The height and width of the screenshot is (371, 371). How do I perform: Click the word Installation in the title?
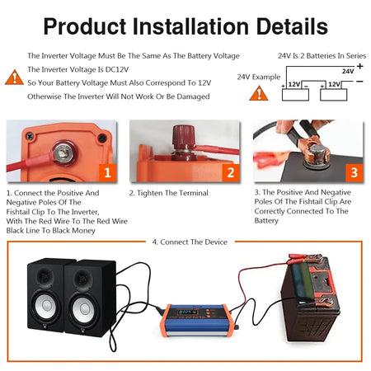coord(190,26)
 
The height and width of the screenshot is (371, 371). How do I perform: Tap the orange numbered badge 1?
coord(107,172)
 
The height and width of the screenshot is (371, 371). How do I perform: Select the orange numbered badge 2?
coord(231,172)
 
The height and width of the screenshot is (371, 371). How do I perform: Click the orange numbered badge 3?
coord(354,172)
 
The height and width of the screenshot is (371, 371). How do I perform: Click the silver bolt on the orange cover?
coord(63,152)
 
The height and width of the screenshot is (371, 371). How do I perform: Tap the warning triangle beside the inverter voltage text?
coord(14,77)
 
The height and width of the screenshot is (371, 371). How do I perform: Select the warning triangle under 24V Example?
coord(259,93)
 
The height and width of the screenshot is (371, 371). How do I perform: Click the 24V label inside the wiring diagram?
coord(348,71)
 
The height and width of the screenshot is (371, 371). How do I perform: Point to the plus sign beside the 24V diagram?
coord(359,66)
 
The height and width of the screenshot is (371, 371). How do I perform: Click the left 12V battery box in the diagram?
coord(295,95)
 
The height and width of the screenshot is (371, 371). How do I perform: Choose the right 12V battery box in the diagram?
coord(334,95)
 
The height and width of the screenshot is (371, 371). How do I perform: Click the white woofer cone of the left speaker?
coord(46,305)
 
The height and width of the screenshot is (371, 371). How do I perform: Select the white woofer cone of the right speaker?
coord(83,309)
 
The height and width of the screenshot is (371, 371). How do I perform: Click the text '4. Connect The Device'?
coord(190,242)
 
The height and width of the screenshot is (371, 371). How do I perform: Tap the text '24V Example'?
coord(259,77)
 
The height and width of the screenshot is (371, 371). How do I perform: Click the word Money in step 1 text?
coord(83,230)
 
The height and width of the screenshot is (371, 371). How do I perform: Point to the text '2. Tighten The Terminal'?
coord(169,193)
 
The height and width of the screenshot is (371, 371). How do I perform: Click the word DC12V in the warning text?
coord(117,69)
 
